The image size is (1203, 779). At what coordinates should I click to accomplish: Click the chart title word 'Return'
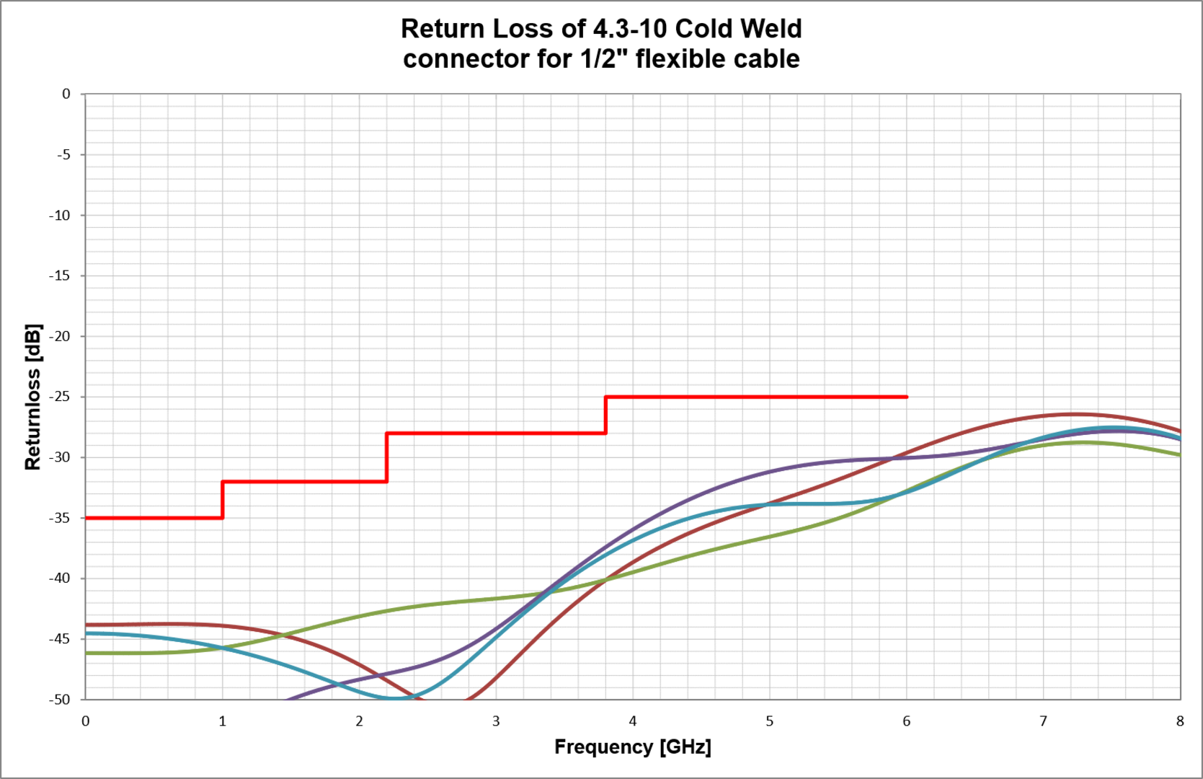point(442,29)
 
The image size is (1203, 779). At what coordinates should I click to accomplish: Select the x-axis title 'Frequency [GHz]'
point(632,747)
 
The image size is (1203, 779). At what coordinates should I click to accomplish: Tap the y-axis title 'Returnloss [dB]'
point(33,397)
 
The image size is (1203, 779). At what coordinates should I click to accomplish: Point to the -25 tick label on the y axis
point(60,397)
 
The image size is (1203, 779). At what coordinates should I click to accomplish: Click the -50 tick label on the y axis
point(60,700)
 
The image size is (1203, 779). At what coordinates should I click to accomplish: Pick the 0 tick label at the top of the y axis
point(66,94)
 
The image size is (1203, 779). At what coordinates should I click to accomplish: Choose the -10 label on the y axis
point(60,215)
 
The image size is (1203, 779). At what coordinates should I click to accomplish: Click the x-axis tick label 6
point(906,721)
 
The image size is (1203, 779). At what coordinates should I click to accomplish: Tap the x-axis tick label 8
point(1180,721)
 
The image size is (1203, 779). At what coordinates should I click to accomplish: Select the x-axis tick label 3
point(496,721)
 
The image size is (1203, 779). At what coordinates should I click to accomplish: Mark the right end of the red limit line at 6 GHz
point(906,397)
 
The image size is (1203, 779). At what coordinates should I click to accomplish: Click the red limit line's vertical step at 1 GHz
point(223,500)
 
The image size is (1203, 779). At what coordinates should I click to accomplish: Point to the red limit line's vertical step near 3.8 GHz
point(605,415)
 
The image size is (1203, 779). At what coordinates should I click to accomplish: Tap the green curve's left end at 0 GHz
point(86,653)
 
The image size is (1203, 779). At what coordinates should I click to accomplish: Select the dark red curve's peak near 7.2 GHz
point(1074,414)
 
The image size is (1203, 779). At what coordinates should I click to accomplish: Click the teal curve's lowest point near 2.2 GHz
point(393,698)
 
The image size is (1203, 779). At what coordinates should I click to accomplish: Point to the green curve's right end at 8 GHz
point(1179,454)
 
